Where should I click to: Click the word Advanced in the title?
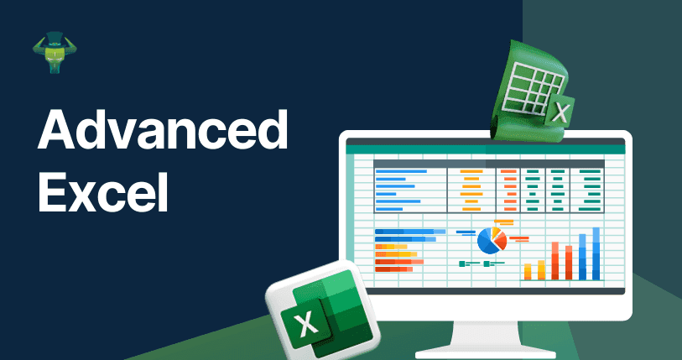162,129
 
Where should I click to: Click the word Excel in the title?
102,191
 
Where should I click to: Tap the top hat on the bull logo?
55,39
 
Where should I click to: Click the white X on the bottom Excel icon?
305,324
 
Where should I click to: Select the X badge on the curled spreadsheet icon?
560,111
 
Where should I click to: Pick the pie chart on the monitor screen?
492,240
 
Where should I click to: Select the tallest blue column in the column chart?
596,253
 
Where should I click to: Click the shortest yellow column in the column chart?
528,272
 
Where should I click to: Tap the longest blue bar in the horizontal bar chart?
410,232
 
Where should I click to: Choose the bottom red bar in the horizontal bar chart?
393,269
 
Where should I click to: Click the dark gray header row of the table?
489,164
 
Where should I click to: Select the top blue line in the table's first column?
401,171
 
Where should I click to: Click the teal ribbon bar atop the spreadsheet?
486,149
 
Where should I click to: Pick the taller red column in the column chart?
555,261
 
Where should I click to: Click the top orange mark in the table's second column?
471,171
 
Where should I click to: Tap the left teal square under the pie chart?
462,263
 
